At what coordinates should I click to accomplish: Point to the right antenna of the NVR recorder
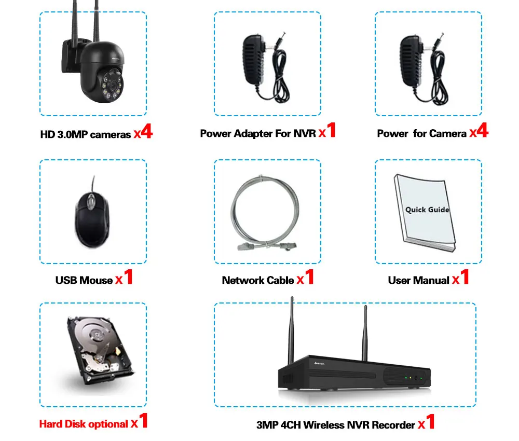365,332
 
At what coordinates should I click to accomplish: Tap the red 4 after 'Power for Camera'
483,131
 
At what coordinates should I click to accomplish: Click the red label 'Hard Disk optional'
83,424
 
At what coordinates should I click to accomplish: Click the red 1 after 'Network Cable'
310,278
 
